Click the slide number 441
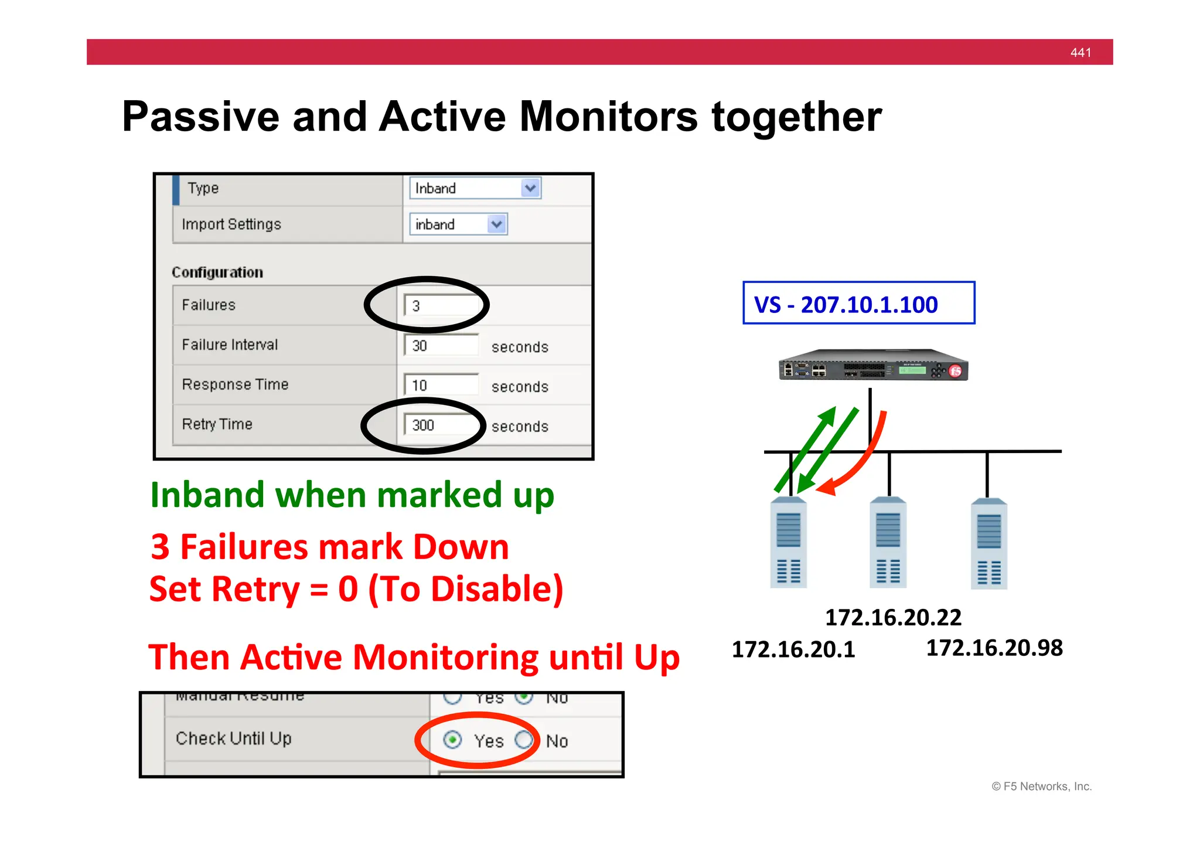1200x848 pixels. coord(1080,53)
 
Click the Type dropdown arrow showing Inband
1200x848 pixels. coord(530,189)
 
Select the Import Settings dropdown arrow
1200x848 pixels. coord(497,224)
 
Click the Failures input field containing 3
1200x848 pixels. coord(441,306)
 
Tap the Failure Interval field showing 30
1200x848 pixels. coord(441,346)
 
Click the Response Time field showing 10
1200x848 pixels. coord(441,386)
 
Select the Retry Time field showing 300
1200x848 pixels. coord(441,425)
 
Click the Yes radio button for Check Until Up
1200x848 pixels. coord(452,740)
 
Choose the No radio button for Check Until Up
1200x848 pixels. coord(524,740)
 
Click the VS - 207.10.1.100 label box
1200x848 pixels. coord(858,304)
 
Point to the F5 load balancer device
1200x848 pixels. coord(873,366)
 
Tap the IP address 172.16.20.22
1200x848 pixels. coord(893,617)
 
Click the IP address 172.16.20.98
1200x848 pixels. coord(994,648)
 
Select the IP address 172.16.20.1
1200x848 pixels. coord(793,649)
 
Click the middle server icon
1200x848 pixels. coord(888,543)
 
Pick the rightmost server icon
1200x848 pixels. coord(989,544)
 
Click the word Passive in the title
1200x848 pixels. coord(200,117)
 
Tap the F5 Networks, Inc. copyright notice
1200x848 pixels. coord(1042,786)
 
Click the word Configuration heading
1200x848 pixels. coord(217,273)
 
